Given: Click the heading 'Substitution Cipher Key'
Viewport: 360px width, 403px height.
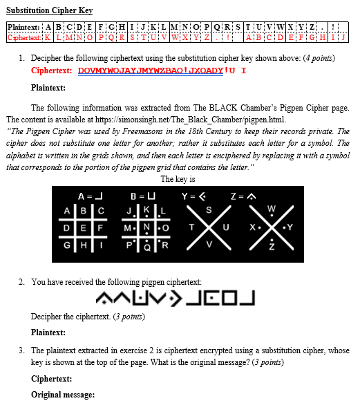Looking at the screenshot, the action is pyautogui.click(x=49, y=11).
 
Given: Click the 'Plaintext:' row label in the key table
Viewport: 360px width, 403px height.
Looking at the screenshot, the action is pyautogui.click(x=24, y=27).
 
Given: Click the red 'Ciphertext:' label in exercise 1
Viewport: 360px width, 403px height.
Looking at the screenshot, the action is pyautogui.click(x=52, y=71).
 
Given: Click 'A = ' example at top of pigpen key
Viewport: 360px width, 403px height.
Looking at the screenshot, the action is pyautogui.click(x=86, y=196).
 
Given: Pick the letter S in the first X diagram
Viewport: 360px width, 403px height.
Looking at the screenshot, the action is pyautogui.click(x=209, y=209).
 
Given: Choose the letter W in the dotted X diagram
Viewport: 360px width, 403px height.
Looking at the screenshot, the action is pyautogui.click(x=270, y=209).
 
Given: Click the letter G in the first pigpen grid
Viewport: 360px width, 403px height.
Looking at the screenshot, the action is pyautogui.click(x=68, y=245).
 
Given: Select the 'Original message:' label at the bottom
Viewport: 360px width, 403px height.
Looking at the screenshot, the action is pyautogui.click(x=62, y=395).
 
